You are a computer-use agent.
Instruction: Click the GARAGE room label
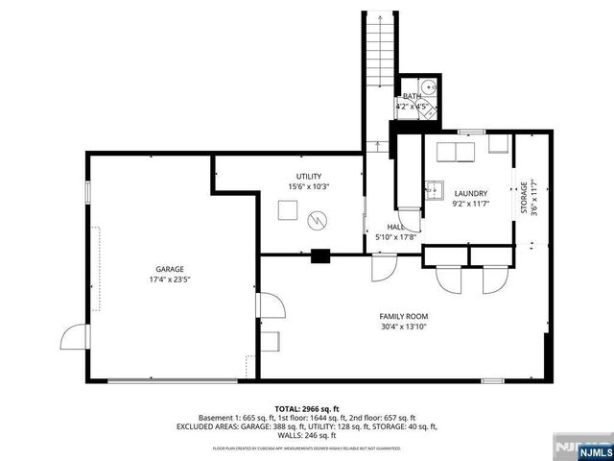click(x=170, y=269)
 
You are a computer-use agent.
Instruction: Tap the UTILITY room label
click(x=308, y=176)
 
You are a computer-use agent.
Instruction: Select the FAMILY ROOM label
click(x=403, y=316)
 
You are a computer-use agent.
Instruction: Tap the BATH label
click(x=412, y=96)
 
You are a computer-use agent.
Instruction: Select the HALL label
click(x=381, y=227)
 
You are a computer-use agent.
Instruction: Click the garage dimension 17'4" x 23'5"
click(x=170, y=280)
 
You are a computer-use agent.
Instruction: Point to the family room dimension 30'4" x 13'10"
click(x=403, y=327)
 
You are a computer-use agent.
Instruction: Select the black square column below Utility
click(x=321, y=255)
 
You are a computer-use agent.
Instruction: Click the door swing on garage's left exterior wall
click(x=72, y=337)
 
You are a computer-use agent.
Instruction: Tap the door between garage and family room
click(x=270, y=307)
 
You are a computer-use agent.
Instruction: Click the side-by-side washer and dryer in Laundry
click(x=457, y=154)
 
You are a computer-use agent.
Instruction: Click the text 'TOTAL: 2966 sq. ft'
click(x=307, y=409)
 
